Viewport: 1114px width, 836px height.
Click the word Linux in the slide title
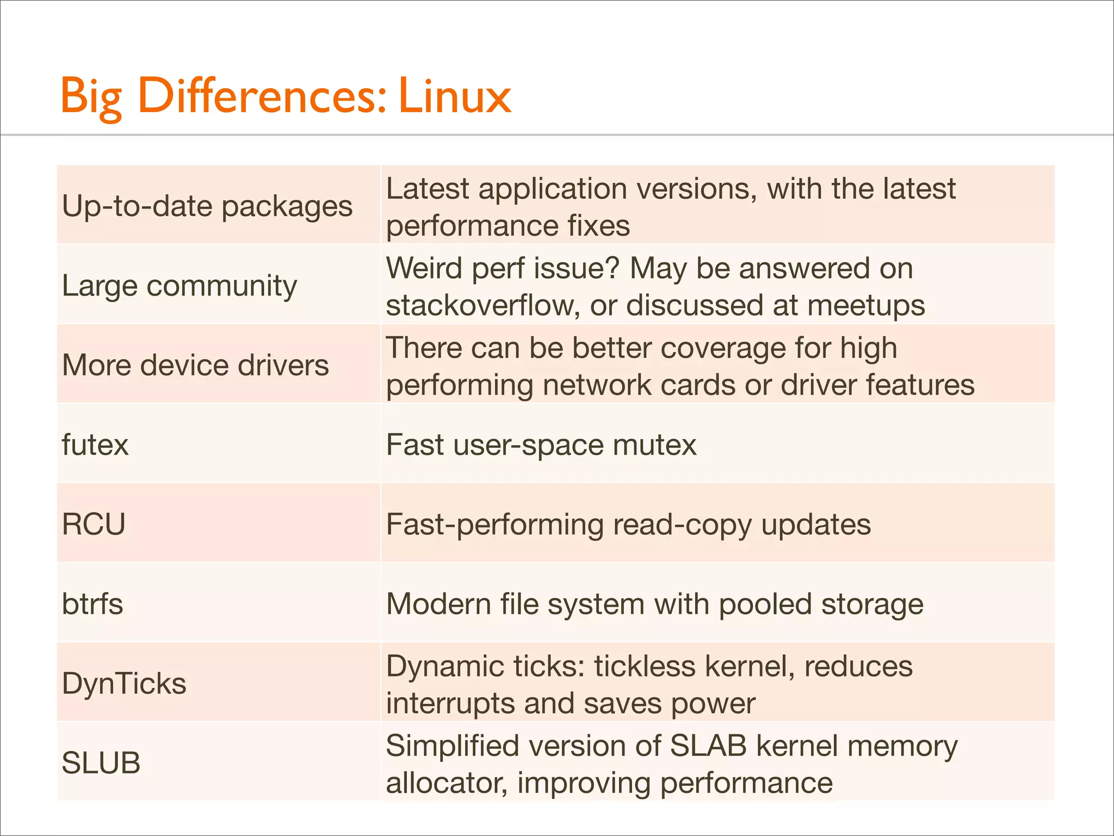pos(455,96)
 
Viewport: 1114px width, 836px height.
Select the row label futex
pos(95,445)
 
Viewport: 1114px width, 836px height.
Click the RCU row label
pos(94,524)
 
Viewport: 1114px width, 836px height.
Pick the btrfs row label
pos(92,604)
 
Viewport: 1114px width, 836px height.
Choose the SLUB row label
pos(101,763)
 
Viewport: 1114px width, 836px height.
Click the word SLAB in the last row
pos(708,746)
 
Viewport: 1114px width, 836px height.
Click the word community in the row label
pos(222,286)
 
